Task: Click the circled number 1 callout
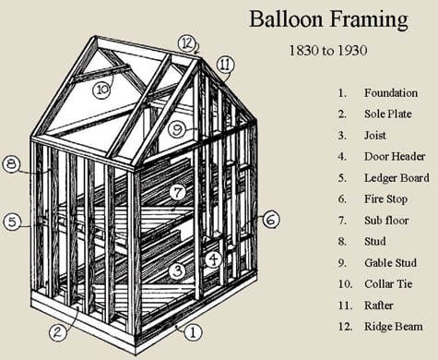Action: [x=193, y=332]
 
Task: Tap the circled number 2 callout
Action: [x=58, y=332]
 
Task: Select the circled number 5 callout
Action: [x=12, y=222]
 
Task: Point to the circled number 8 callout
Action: [x=11, y=164]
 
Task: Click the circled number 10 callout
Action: [x=102, y=90]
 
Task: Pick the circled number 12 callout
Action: [x=187, y=43]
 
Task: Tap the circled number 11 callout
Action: [x=225, y=65]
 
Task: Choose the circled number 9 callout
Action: [x=177, y=129]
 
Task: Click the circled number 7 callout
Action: [x=178, y=193]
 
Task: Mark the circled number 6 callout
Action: [x=271, y=220]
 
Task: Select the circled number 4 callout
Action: [x=213, y=259]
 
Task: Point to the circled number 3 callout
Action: [x=178, y=271]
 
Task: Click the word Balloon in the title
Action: [x=287, y=19]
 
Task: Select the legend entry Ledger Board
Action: [x=397, y=178]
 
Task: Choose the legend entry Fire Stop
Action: [x=386, y=199]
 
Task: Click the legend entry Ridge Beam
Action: [x=394, y=327]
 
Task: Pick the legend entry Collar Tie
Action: [x=388, y=283]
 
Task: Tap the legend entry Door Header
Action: [x=395, y=156]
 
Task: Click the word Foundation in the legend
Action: [x=391, y=93]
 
